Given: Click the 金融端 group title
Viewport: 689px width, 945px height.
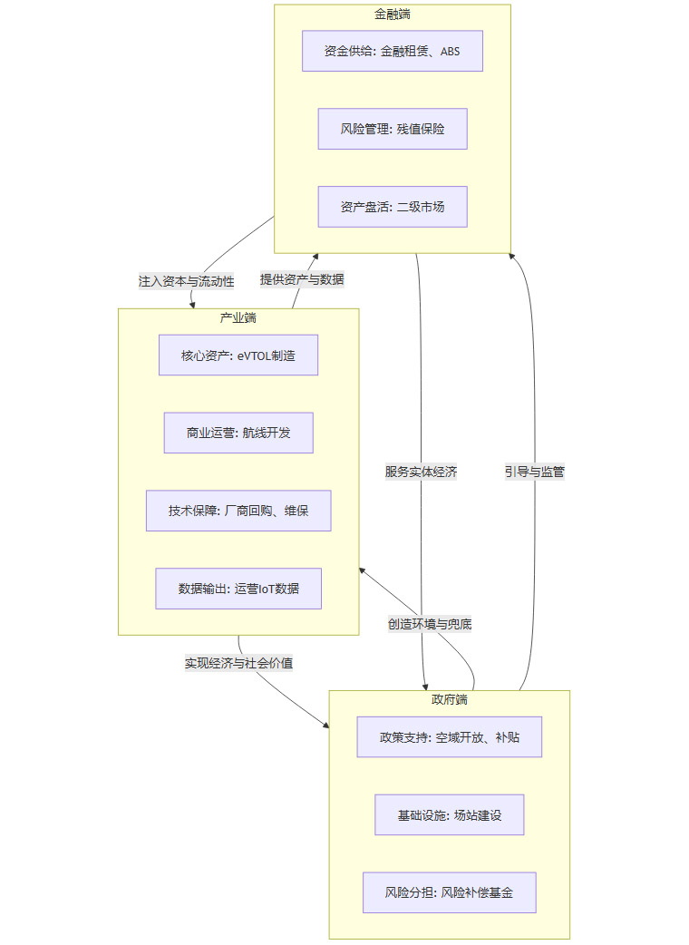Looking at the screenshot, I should coord(393,15).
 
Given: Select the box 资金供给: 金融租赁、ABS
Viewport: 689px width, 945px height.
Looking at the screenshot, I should coord(393,51).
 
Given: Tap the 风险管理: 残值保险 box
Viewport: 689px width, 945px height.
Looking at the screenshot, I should coord(393,129).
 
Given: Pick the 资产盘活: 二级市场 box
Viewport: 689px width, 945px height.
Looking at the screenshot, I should coord(393,207).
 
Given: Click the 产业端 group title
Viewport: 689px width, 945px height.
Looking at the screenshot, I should coord(238,317).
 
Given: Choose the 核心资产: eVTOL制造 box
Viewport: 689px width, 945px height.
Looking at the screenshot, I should coord(238,356).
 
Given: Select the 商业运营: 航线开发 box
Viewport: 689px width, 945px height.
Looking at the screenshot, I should coord(238,433).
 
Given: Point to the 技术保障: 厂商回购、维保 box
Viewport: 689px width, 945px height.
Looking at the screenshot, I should coord(238,511).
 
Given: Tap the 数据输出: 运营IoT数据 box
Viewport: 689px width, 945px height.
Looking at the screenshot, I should coord(238,589).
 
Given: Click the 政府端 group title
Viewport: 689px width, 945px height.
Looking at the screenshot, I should coord(450,700).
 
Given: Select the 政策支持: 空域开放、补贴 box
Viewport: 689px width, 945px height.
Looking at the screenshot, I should coord(450,737).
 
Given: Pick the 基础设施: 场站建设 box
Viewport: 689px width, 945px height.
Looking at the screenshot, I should coord(450,815).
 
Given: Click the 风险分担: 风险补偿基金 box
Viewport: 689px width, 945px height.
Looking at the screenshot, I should coord(450,892).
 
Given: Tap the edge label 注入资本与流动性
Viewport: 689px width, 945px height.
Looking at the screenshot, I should coord(186,281).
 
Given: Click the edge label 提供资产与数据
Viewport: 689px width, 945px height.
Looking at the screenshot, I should coord(302,279).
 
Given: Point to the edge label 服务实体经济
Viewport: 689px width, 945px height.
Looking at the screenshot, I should coord(421,472).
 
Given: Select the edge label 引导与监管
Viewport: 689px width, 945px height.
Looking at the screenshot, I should coord(535,472).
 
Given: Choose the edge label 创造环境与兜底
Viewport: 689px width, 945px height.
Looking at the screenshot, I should coord(430,624).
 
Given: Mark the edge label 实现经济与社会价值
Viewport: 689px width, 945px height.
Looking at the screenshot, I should coord(238,663).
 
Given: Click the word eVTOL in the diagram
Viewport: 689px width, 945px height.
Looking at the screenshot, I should coord(256,356).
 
